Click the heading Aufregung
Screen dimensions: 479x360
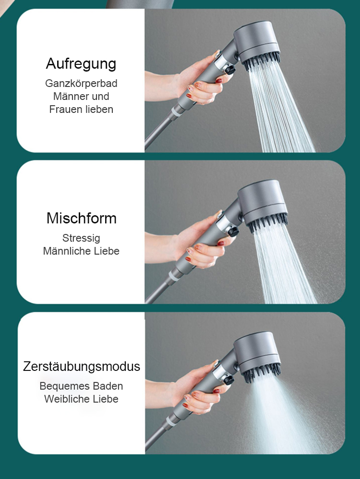tap(81, 63)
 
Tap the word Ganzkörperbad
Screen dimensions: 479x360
tap(81, 83)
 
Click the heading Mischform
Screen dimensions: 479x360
tap(81, 218)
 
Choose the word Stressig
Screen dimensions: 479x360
tap(81, 238)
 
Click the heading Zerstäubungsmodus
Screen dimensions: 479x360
tap(82, 367)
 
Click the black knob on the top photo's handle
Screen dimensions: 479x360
tap(231, 70)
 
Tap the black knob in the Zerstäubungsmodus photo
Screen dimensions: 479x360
tap(229, 380)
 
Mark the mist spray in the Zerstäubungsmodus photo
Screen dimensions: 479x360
tap(283, 413)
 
